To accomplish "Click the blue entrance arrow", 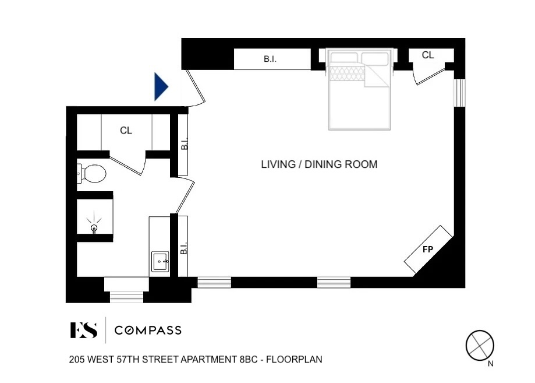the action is tap(161, 87).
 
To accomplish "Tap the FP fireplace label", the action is tap(428, 250).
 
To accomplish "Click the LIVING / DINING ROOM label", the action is tap(320, 164).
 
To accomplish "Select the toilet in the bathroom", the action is tap(92, 173).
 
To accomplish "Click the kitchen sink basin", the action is tap(160, 262).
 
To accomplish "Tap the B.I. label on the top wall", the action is tap(270, 59).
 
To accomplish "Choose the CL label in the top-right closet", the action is tap(428, 55).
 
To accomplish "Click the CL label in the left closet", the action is tap(126, 131).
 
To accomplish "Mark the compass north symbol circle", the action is tap(480, 345).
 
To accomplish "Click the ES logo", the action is tap(84, 330).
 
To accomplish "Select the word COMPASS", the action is tap(148, 331).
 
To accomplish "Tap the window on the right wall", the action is tap(459, 93).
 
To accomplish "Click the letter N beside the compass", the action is tap(491, 364).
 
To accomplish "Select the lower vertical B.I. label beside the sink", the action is tap(184, 248).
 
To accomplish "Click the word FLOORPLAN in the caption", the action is tap(294, 360).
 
